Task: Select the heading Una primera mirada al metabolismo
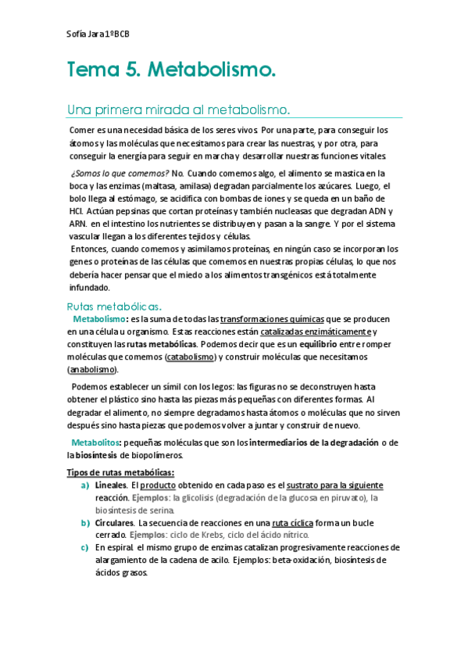point(179,109)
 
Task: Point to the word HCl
point(77,211)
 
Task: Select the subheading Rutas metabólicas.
point(114,306)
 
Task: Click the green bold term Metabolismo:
point(100,320)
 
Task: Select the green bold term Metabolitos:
point(97,443)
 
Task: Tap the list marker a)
point(84,486)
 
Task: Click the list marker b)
point(84,522)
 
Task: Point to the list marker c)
point(84,547)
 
